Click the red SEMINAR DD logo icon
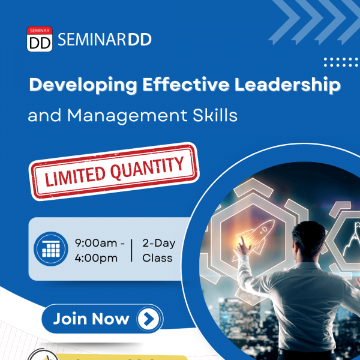(40, 39)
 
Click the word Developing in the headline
(83, 85)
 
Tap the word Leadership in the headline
(287, 85)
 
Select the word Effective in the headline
(186, 84)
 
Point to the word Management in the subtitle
(127, 116)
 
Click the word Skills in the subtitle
(215, 115)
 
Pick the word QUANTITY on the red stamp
(147, 167)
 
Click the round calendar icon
(51, 249)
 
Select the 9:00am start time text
(96, 243)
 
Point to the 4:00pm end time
(96, 258)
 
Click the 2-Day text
(158, 244)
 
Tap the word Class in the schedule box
(157, 258)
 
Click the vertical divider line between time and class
(131, 250)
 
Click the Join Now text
(91, 319)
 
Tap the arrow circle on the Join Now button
(149, 319)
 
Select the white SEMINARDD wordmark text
(104, 40)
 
